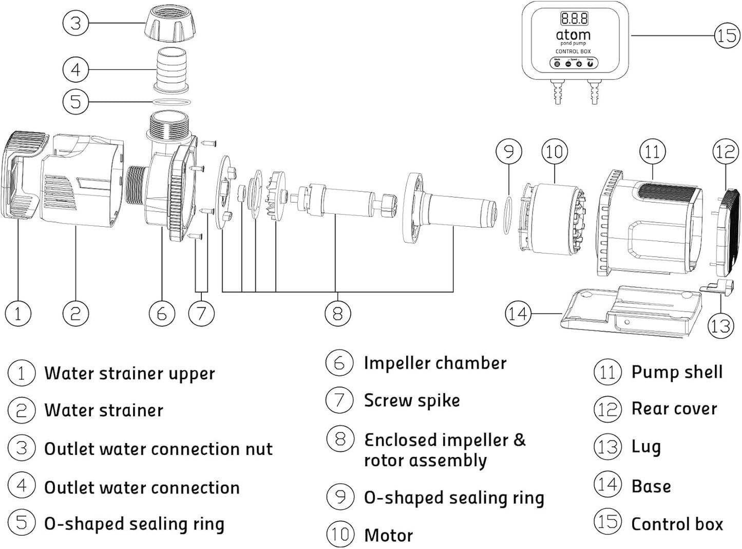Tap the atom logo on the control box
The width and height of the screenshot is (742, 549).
pyautogui.click(x=573, y=35)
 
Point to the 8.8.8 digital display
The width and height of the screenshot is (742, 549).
pyautogui.click(x=574, y=19)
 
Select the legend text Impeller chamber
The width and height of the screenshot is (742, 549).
pyautogui.click(x=435, y=363)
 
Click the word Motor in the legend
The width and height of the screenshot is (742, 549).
pyautogui.click(x=388, y=535)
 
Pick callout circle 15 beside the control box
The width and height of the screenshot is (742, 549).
pyautogui.click(x=727, y=35)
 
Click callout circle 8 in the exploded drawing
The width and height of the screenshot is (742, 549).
pyautogui.click(x=337, y=313)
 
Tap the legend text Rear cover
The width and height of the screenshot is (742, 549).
pyautogui.click(x=674, y=409)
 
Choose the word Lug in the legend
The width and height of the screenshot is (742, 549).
pyautogui.click(x=645, y=447)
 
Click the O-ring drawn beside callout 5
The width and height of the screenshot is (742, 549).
pyautogui.click(x=172, y=102)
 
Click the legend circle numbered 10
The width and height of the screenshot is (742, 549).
pyautogui.click(x=339, y=534)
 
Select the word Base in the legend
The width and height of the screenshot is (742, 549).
pyautogui.click(x=651, y=486)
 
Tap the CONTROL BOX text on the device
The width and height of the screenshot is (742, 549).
pyautogui.click(x=573, y=51)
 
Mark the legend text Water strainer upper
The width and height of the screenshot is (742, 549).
pyautogui.click(x=129, y=373)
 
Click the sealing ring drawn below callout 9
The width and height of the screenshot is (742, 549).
pyautogui.click(x=507, y=214)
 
